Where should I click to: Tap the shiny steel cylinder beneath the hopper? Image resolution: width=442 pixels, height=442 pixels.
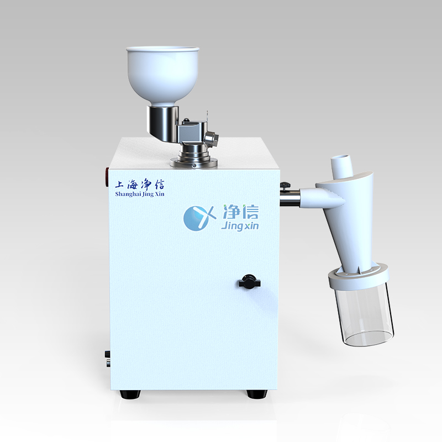[x=162, y=124]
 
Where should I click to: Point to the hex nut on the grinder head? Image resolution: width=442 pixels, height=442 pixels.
[x=212, y=138]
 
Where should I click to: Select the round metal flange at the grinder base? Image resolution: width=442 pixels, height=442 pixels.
[x=194, y=162]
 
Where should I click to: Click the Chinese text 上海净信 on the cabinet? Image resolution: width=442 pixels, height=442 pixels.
[x=140, y=185]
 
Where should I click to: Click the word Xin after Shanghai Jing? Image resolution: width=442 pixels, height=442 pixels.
[x=159, y=194]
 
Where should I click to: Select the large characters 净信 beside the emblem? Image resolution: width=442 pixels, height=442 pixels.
[x=240, y=212]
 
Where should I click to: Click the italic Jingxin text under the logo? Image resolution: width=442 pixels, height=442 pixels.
[x=240, y=226]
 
